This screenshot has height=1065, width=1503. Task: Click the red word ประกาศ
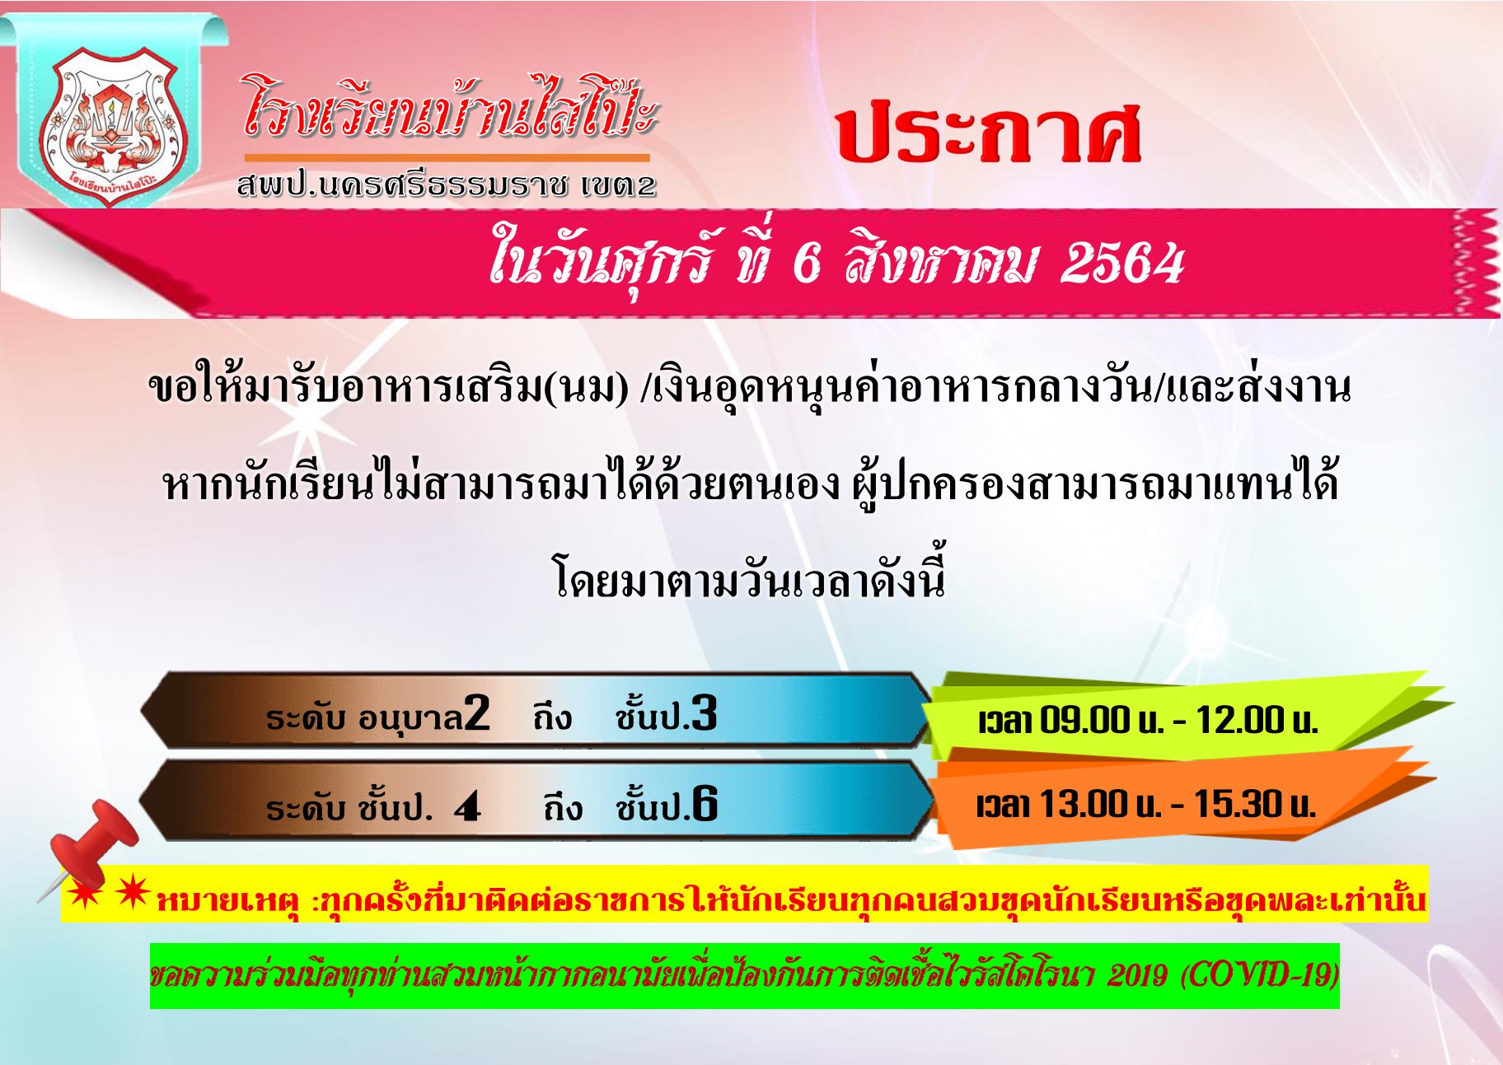point(988,133)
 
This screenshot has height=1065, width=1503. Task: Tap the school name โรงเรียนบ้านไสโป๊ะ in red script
point(449,107)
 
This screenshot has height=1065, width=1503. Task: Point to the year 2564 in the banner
point(1123,264)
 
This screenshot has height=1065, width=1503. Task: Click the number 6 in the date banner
point(807,264)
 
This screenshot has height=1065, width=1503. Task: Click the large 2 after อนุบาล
point(477,713)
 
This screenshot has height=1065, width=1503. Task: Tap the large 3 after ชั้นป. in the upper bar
point(704,713)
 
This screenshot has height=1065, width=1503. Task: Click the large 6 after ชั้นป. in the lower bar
point(705,804)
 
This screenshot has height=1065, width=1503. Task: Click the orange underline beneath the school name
point(447,156)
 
